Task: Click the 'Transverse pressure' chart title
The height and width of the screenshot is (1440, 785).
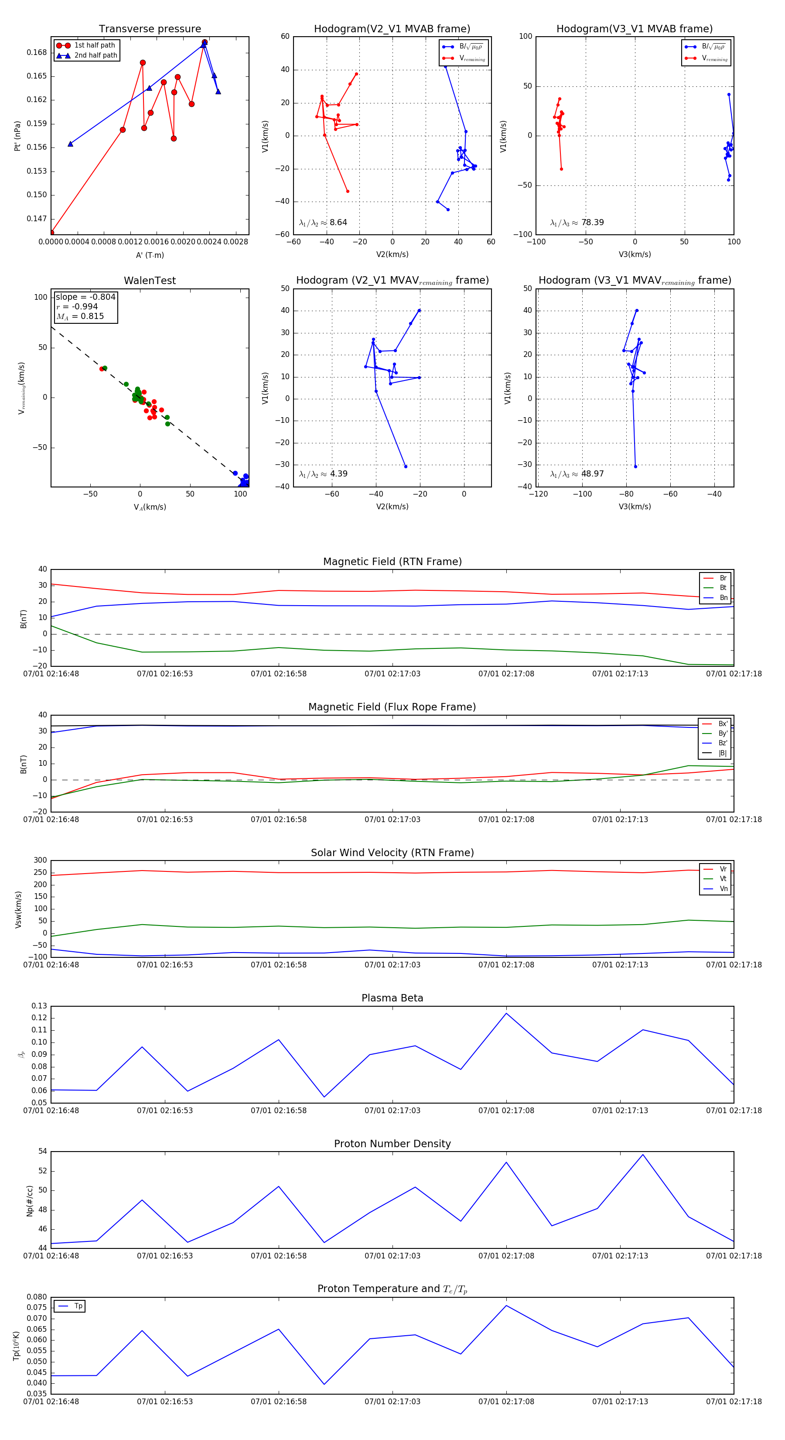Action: pyautogui.click(x=150, y=29)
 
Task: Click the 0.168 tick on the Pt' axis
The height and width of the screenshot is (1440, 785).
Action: pyautogui.click(x=37, y=52)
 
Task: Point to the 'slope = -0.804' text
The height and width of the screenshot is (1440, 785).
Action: pyautogui.click(x=85, y=297)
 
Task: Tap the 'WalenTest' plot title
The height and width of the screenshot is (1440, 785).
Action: pyautogui.click(x=150, y=281)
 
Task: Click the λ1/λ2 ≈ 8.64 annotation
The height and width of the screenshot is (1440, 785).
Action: pyautogui.click(x=323, y=223)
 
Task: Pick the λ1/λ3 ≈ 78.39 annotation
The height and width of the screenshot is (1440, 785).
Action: pyautogui.click(x=577, y=223)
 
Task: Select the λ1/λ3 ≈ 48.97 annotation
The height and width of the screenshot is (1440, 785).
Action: pyautogui.click(x=577, y=474)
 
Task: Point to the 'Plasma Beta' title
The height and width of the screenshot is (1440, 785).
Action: pyautogui.click(x=392, y=998)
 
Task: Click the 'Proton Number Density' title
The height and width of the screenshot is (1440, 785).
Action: pyautogui.click(x=392, y=1144)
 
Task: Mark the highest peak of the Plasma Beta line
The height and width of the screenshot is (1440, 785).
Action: pyautogui.click(x=506, y=1014)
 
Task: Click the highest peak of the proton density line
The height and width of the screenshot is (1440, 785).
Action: pyautogui.click(x=642, y=1155)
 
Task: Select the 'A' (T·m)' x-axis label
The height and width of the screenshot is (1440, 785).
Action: pyautogui.click(x=150, y=255)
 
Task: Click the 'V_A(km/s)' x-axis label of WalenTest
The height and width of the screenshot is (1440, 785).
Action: pyautogui.click(x=150, y=507)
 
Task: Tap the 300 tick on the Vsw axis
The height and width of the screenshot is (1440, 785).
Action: pyautogui.click(x=40, y=861)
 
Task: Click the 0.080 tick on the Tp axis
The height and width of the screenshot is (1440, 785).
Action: pyautogui.click(x=37, y=1297)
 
